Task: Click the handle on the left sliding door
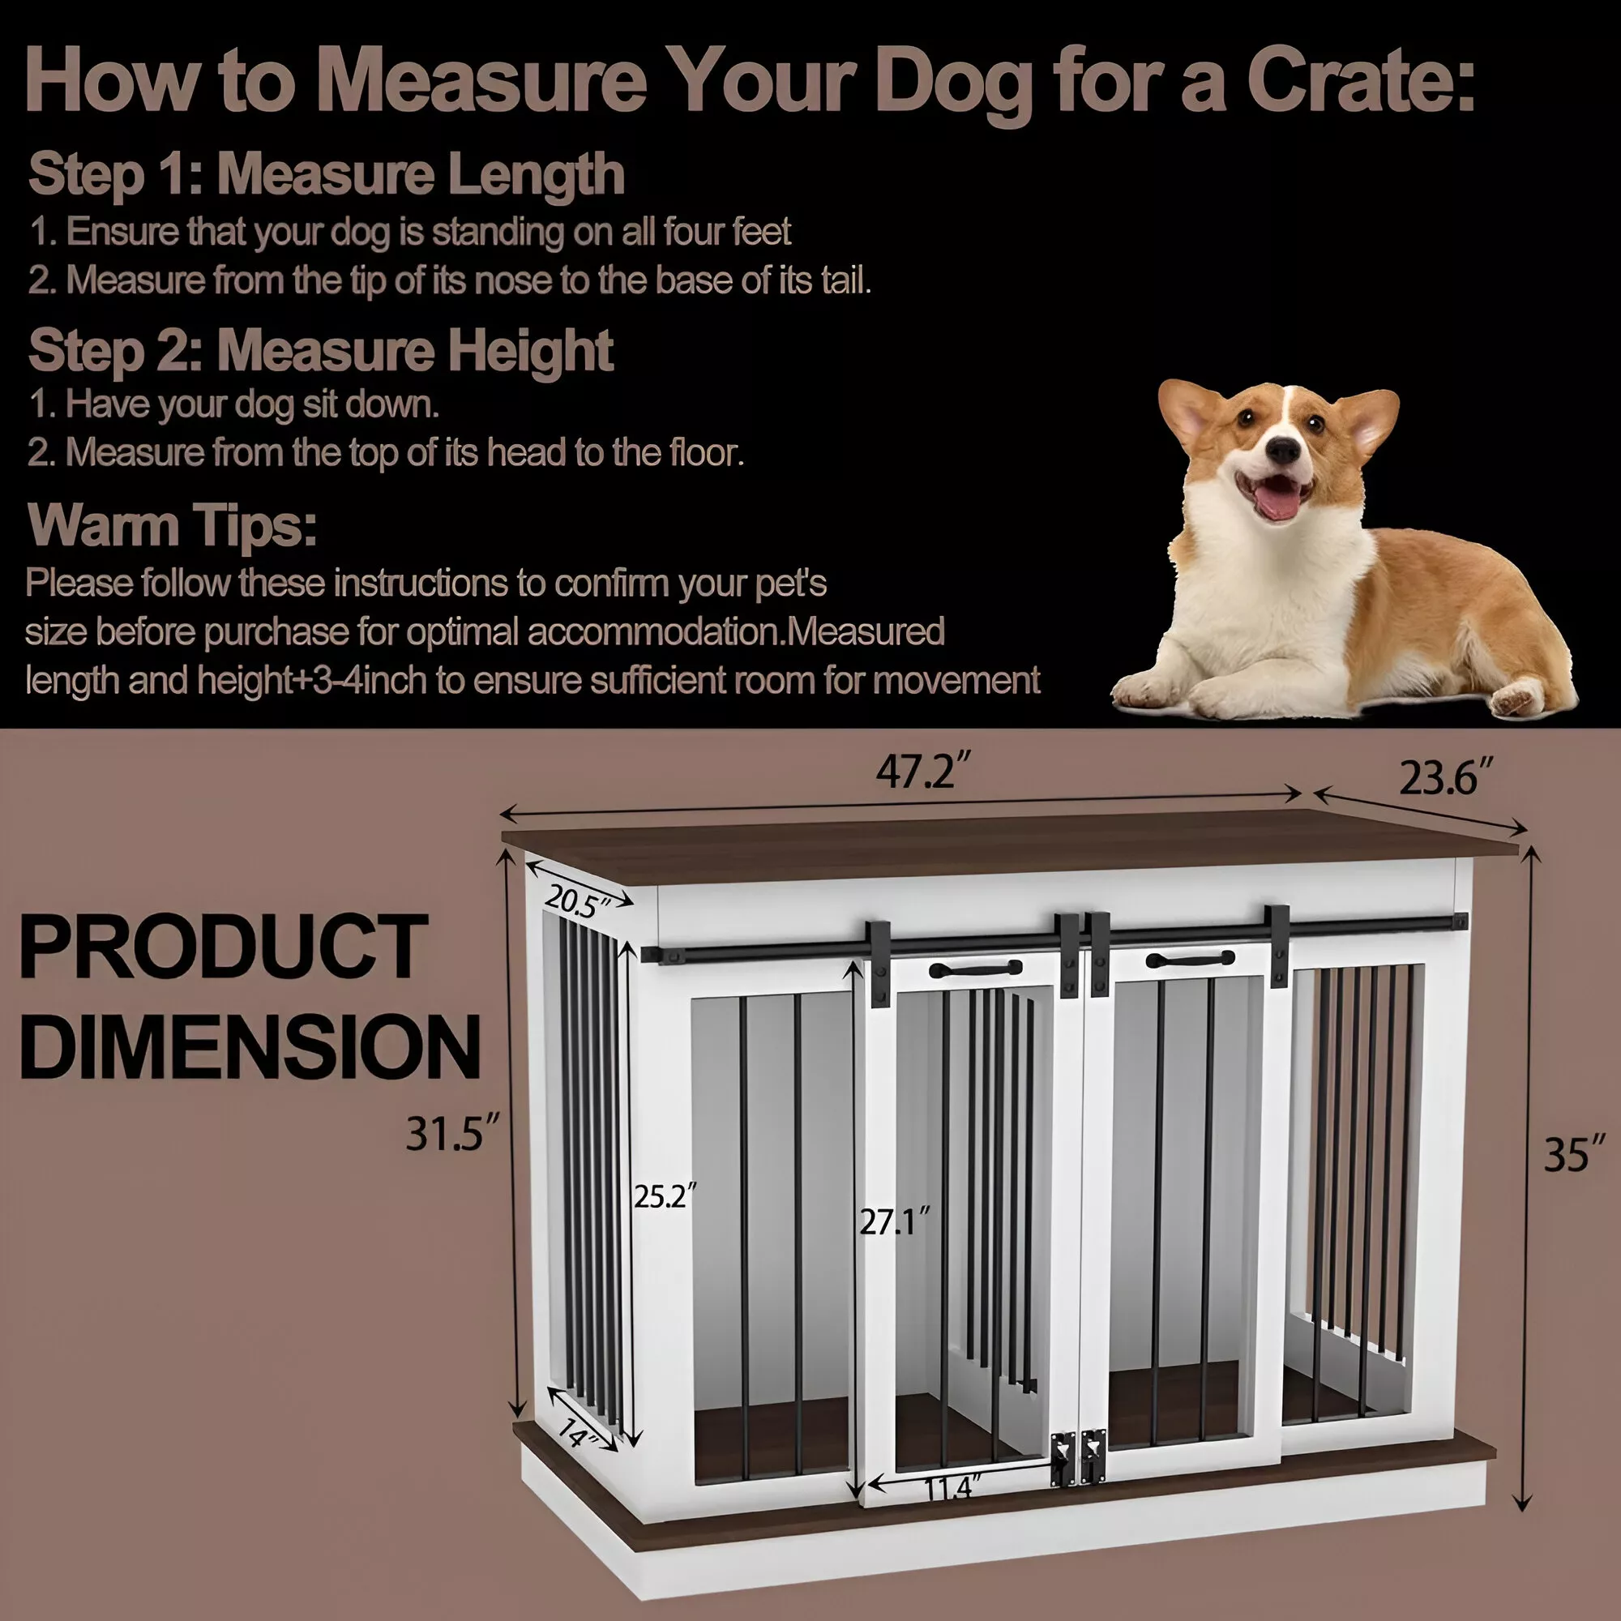[976, 969]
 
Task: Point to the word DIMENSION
[250, 1046]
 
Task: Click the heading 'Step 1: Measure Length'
[327, 173]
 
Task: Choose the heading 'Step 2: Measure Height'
[320, 350]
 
